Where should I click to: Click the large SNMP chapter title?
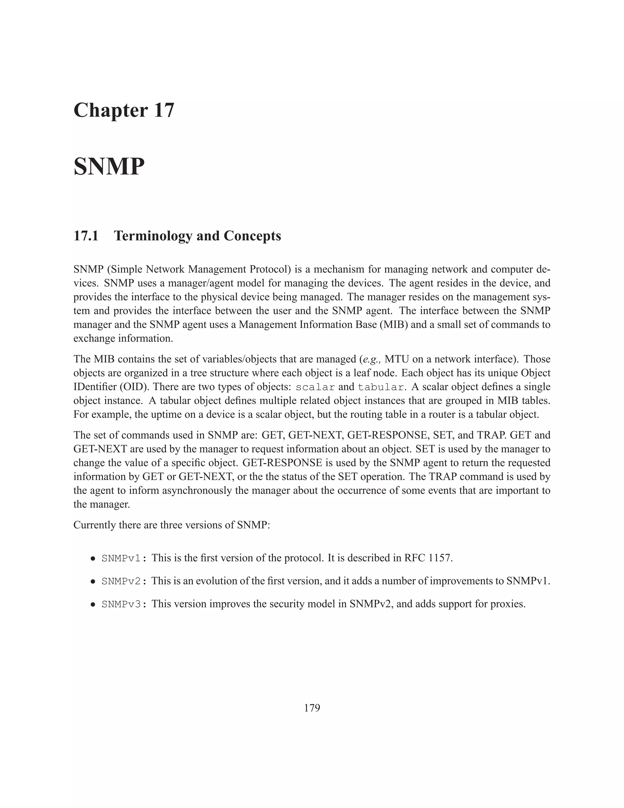pyautogui.click(x=109, y=167)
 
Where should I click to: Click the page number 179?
pyautogui.click(x=312, y=708)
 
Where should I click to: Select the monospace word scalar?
pyautogui.click(x=315, y=387)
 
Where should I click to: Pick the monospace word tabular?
pyautogui.click(x=380, y=387)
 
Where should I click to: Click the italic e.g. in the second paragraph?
pyautogui.click(x=371, y=359)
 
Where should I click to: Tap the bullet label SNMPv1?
pyautogui.click(x=124, y=558)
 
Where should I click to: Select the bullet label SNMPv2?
pyautogui.click(x=124, y=581)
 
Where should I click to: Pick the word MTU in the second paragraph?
pyautogui.click(x=396, y=359)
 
